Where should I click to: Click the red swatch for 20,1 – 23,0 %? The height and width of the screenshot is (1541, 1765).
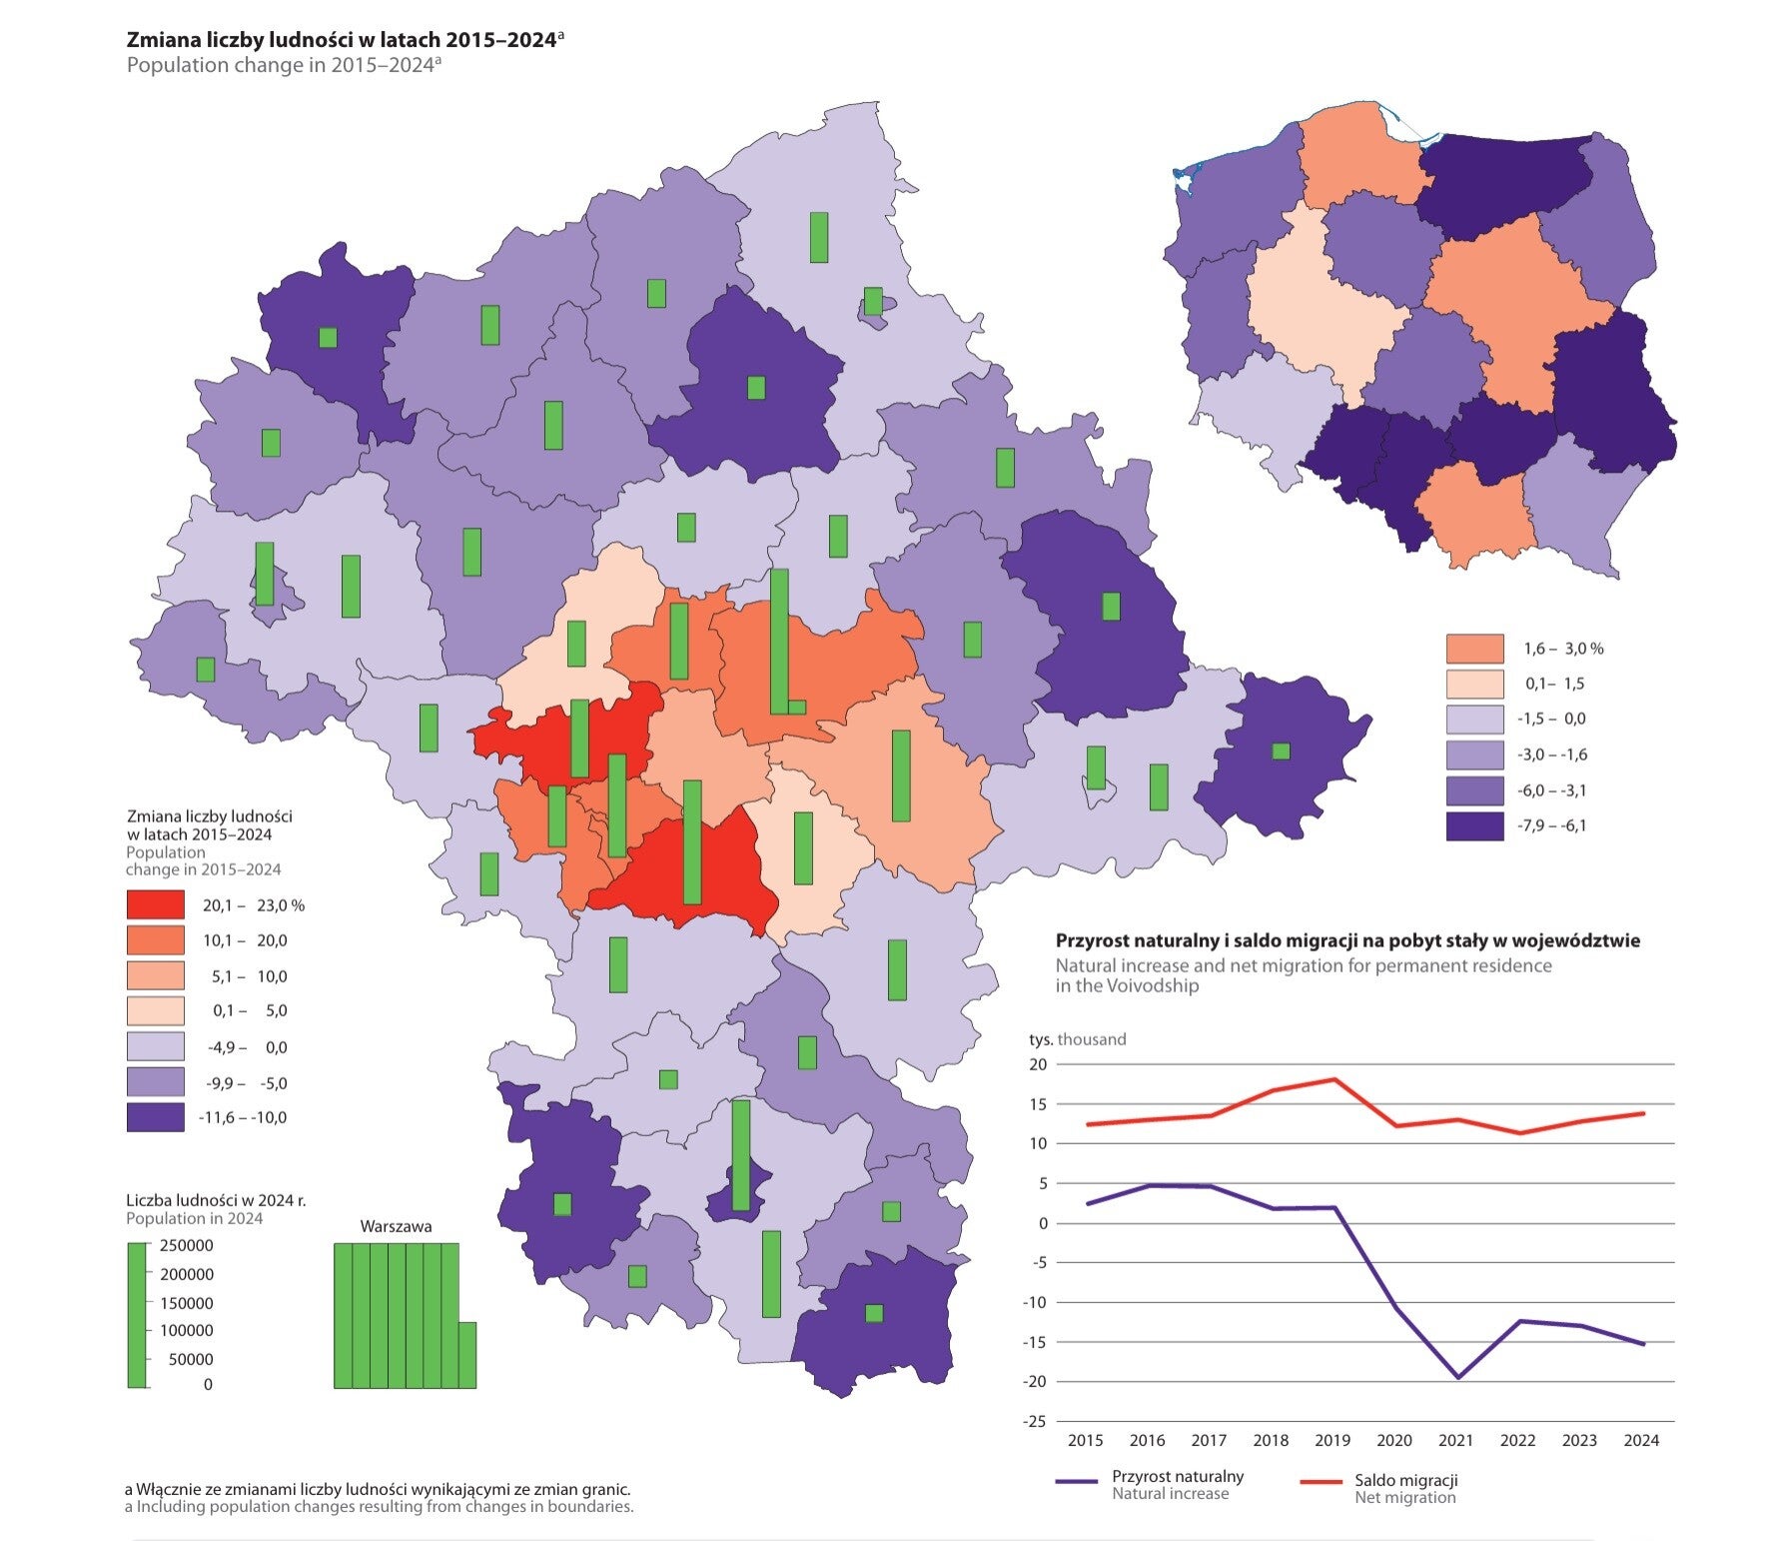(x=155, y=904)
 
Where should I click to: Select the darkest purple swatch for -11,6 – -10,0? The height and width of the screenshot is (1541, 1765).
(x=155, y=1117)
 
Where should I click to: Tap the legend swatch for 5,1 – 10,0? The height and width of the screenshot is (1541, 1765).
(x=155, y=975)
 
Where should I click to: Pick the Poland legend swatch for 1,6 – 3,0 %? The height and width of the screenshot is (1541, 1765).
(x=1474, y=649)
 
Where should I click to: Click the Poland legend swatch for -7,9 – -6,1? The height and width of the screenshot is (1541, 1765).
(x=1474, y=825)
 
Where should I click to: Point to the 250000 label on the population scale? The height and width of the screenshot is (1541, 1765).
(x=187, y=1245)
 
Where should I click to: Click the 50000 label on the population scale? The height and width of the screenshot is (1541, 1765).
(x=191, y=1359)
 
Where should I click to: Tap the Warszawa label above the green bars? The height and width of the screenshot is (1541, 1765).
(x=397, y=1226)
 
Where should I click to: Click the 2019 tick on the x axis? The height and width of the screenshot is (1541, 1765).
(x=1332, y=1440)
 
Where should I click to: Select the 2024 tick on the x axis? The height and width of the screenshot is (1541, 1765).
(x=1641, y=1440)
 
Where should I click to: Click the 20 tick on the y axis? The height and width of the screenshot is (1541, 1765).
(x=1038, y=1064)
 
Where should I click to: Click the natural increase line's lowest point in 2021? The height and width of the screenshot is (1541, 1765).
(x=1456, y=1377)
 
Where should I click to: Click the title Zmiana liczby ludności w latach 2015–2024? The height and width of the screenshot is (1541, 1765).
(x=341, y=40)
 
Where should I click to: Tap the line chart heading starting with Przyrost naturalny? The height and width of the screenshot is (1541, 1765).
(x=1347, y=940)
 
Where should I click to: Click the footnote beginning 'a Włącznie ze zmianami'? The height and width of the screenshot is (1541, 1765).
(x=378, y=1489)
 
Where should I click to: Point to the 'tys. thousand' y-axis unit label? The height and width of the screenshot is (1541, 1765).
(x=1077, y=1039)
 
